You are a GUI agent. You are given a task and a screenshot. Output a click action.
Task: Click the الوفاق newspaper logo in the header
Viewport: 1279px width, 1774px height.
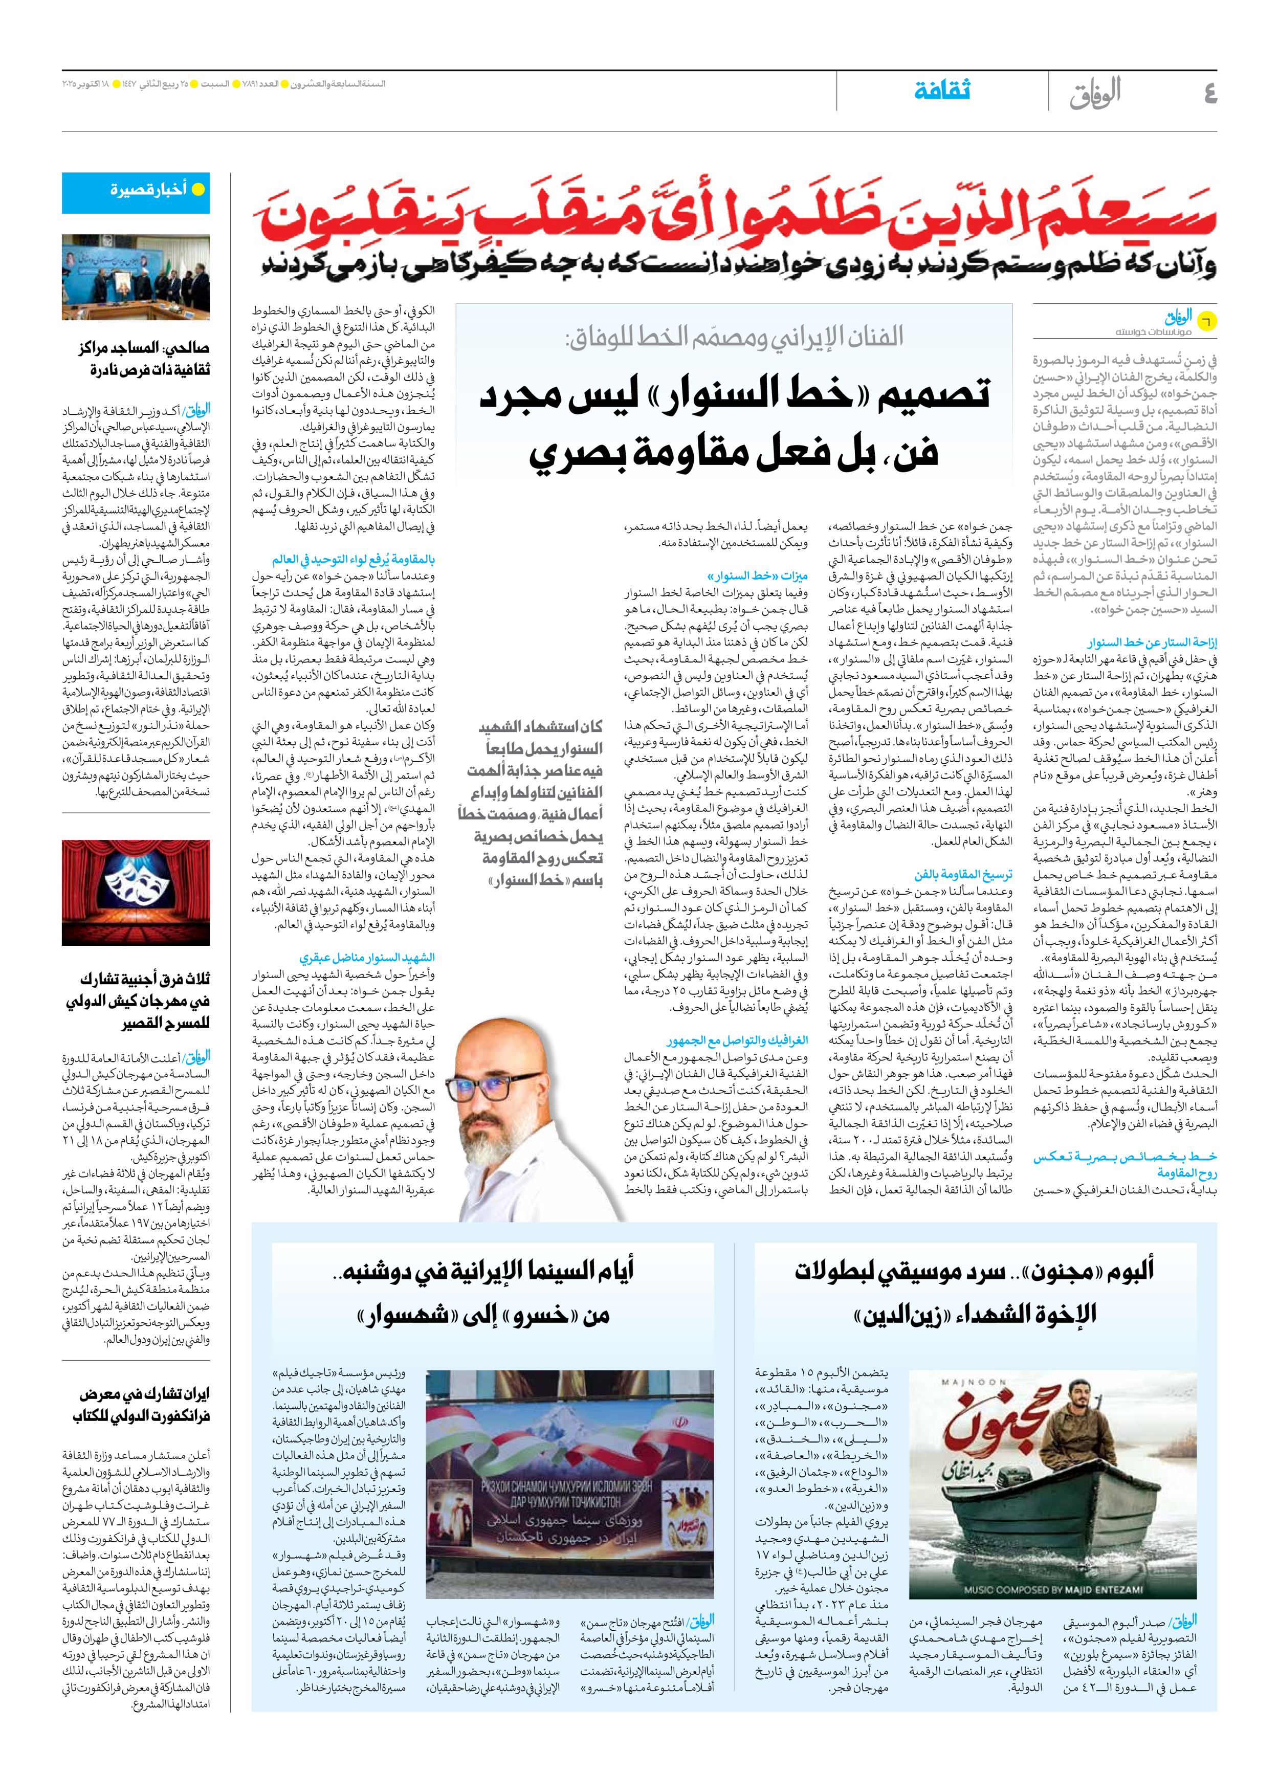(1095, 92)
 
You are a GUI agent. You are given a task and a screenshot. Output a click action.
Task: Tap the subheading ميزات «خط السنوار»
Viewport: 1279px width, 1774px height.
(757, 575)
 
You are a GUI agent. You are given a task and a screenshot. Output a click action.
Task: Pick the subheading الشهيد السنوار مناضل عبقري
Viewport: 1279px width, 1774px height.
(367, 958)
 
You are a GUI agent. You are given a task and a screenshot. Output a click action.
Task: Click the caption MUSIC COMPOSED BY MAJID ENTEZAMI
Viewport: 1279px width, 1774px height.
(1053, 1589)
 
